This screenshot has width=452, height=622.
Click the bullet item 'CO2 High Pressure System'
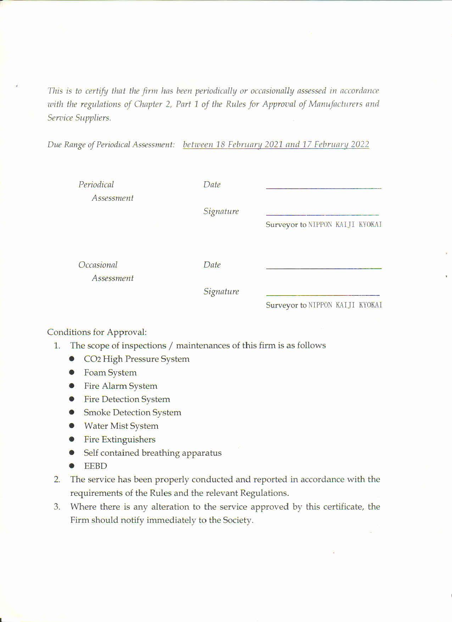coord(136,359)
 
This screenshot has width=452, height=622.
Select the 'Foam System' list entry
coord(110,372)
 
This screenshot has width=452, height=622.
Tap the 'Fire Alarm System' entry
coord(121,386)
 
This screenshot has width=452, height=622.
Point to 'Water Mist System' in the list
coord(121,426)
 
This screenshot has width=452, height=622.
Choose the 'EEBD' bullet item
coord(95,466)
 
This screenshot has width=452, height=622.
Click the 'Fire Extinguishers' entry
coord(119,439)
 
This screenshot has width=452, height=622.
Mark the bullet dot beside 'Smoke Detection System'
coord(72,412)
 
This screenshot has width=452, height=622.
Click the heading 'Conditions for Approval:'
coord(97,332)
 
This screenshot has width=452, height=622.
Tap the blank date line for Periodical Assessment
coord(323,188)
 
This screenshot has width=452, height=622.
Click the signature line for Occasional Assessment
coord(323,295)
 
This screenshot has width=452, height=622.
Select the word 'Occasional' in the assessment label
coord(98,265)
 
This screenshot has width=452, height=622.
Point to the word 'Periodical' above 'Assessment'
coord(96,184)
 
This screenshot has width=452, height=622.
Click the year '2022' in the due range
coord(360,144)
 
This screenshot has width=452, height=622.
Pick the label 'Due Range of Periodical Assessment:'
coord(111,145)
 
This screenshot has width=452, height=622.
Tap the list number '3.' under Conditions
coord(57,506)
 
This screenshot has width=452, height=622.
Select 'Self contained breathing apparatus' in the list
coord(152,453)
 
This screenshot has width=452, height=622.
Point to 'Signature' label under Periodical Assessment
coord(221,211)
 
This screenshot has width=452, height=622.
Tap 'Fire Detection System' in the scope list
coord(127,399)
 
